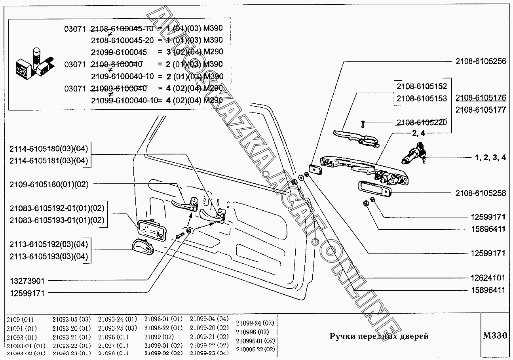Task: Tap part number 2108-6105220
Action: (x=421, y=122)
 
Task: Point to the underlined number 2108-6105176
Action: (x=481, y=98)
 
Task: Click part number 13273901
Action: (x=27, y=281)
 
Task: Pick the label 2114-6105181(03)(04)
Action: (x=49, y=160)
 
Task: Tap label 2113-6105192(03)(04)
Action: (x=49, y=244)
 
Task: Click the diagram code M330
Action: (x=494, y=336)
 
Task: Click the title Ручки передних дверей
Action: (x=379, y=336)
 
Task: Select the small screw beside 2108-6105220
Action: (x=362, y=124)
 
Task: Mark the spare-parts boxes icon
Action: (x=33, y=64)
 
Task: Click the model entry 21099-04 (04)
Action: (x=209, y=319)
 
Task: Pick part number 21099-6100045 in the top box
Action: (x=119, y=52)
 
